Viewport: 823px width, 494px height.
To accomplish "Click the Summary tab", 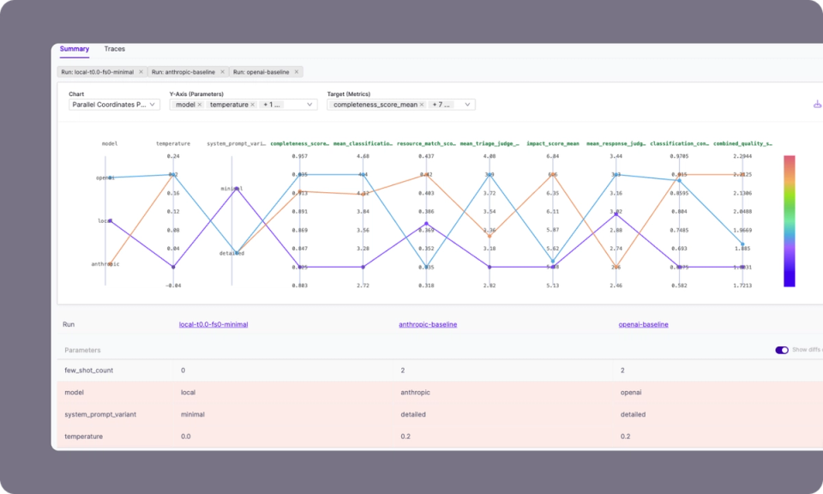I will [74, 49].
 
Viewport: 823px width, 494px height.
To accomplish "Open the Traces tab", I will [114, 49].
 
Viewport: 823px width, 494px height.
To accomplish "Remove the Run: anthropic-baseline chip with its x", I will [222, 72].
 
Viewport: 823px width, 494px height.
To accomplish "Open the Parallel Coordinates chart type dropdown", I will [114, 105].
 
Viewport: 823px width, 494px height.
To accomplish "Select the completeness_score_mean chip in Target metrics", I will [375, 105].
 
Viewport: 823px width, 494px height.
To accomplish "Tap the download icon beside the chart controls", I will [816, 105].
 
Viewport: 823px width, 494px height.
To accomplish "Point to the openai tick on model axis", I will [105, 178].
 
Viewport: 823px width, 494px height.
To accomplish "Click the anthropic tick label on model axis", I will [105, 264].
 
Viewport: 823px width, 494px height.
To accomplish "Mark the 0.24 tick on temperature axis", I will [173, 156].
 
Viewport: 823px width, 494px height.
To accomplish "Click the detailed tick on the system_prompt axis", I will [231, 253].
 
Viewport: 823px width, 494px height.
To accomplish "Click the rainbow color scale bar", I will [789, 220].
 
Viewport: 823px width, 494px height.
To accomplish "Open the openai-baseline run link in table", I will [643, 325].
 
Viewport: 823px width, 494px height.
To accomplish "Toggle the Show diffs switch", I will [781, 350].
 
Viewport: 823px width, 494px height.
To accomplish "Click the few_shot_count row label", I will [88, 370].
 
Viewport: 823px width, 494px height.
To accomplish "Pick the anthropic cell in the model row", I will [416, 393].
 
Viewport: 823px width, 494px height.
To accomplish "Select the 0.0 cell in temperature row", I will [187, 437].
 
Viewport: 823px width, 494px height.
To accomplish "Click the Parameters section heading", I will [82, 350].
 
